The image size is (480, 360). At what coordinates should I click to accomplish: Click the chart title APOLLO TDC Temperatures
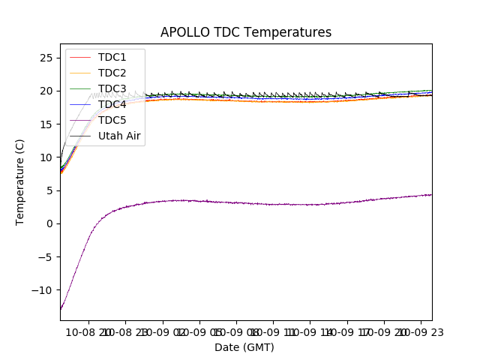tap(245, 32)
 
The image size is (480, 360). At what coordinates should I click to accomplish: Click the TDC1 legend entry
tap(112, 58)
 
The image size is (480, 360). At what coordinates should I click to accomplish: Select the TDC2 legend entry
tap(112, 73)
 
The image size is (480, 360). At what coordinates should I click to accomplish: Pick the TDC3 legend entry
tap(112, 89)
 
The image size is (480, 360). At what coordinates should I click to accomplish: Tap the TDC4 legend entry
tap(112, 105)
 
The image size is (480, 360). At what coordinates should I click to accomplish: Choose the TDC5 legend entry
tap(112, 121)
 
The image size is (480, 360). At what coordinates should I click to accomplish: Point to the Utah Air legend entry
tap(119, 136)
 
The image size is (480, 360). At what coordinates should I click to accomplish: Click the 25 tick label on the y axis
tap(46, 58)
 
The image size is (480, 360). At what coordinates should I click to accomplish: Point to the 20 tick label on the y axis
tap(46, 91)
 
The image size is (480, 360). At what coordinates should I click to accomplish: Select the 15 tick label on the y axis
tap(46, 124)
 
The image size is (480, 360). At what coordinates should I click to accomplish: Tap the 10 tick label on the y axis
tap(46, 157)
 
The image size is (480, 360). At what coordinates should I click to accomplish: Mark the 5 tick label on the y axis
tap(49, 190)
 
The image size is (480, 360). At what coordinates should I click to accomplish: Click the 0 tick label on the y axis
tap(49, 223)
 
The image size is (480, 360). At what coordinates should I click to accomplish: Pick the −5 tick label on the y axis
tap(46, 256)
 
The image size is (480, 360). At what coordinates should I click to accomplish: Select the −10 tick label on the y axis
tap(43, 289)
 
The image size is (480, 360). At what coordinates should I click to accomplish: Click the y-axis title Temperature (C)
tap(20, 182)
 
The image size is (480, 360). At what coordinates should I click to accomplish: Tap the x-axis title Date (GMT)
tap(244, 347)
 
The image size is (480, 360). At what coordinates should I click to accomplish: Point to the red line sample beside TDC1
tap(81, 58)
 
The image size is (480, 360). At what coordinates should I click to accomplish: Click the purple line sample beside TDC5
tap(81, 121)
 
